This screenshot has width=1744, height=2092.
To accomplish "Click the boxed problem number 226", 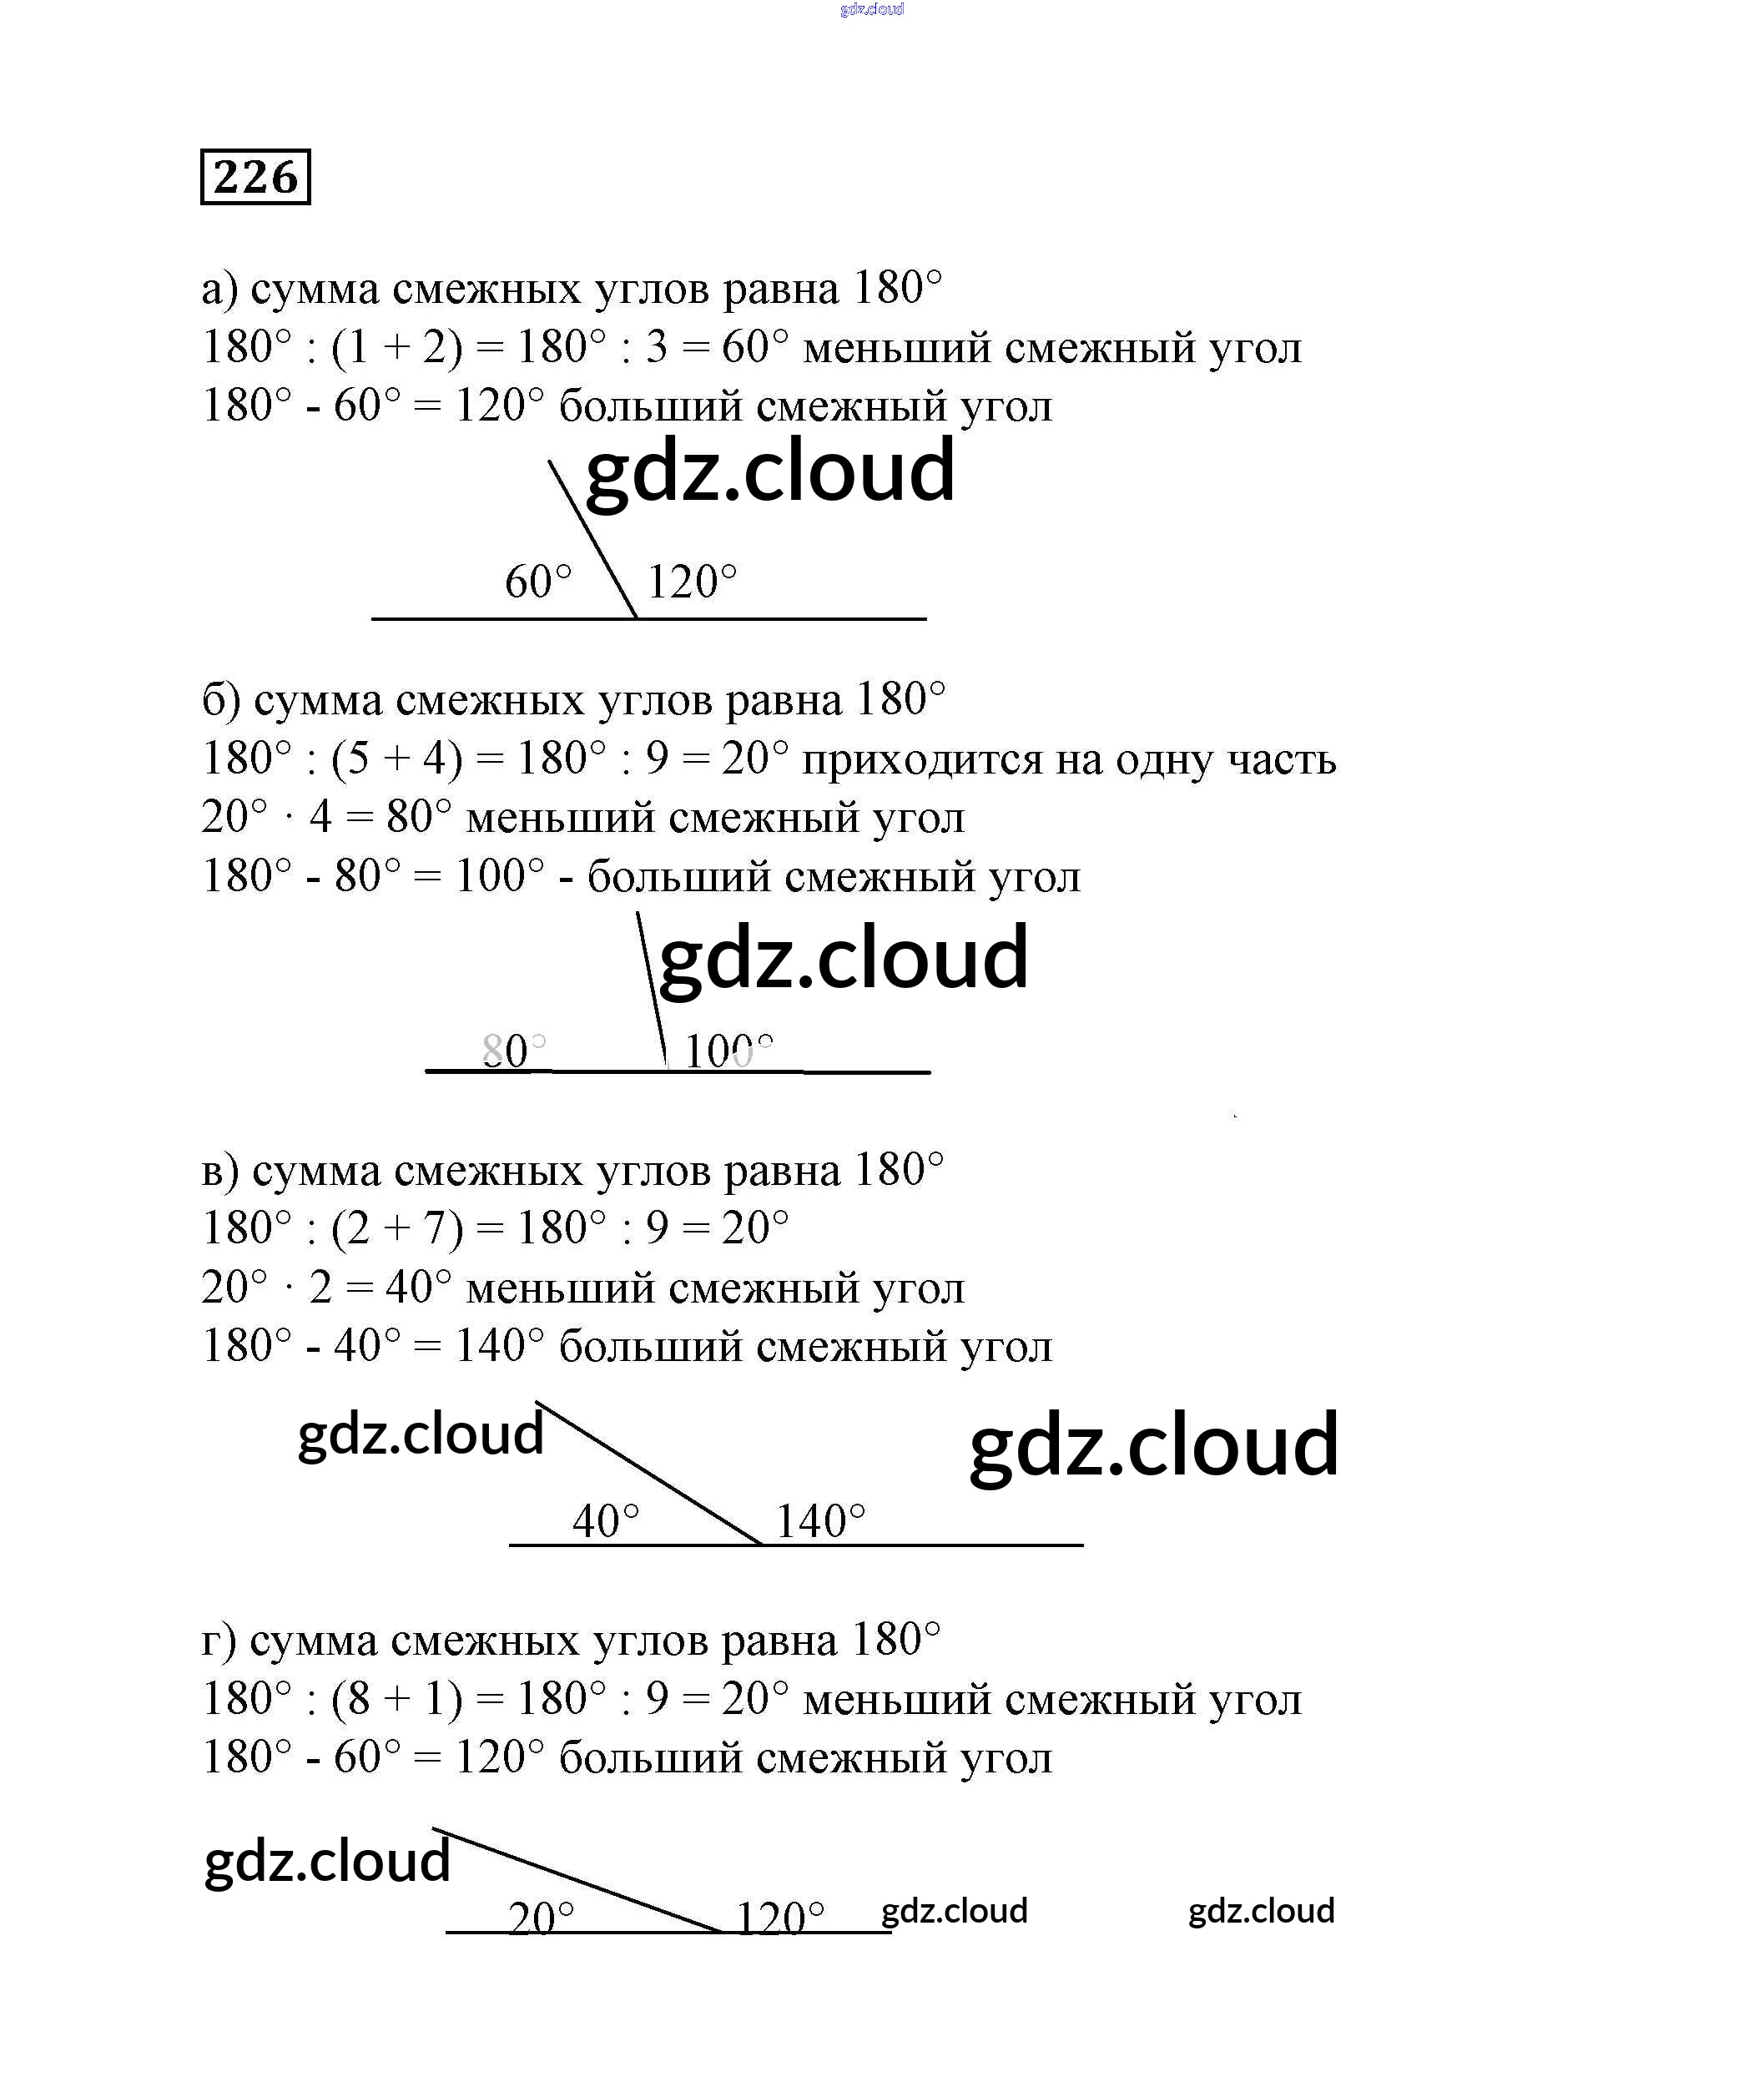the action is pos(255,177).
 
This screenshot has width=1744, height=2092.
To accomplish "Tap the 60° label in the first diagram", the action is pos(539,582).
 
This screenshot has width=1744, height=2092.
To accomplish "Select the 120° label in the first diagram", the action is pos(693,582).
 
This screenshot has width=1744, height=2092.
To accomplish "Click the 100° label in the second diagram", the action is pos(729,1051).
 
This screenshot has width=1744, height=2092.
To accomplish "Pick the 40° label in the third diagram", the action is pos(606,1521).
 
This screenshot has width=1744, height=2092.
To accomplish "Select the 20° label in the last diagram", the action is pos(541,1918).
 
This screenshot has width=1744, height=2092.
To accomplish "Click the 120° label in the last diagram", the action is pos(780,1918).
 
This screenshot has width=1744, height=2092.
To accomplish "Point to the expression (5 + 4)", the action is pos(397,759).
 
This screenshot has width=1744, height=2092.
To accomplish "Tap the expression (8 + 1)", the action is pos(397,1700).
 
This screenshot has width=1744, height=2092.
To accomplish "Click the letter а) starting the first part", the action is pos(219,290).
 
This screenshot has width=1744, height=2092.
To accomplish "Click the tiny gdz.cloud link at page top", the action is pos(871,10).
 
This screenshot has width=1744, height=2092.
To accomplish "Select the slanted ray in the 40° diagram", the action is pos(649,1474).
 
